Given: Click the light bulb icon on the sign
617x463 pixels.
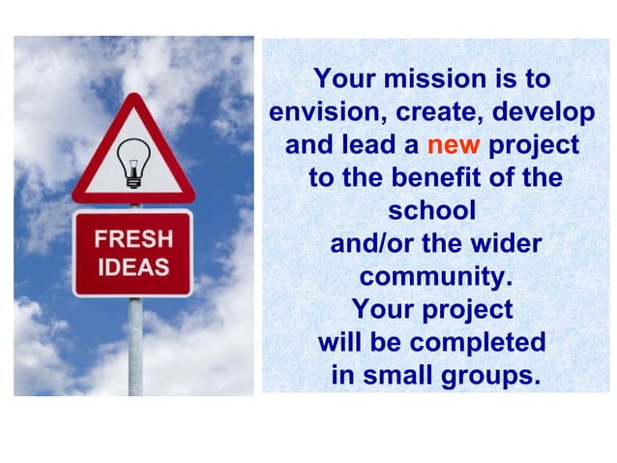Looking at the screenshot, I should [x=133, y=162].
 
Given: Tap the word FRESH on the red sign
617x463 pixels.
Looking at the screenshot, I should [x=132, y=238].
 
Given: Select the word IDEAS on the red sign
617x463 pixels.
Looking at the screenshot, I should [x=132, y=266].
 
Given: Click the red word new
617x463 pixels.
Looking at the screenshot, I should [x=454, y=146].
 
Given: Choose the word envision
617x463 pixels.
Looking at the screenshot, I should [x=324, y=112].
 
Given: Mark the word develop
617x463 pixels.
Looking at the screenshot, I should [x=544, y=112].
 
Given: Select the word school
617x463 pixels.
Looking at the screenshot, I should [x=431, y=210].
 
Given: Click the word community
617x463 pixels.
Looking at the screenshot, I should [x=434, y=277].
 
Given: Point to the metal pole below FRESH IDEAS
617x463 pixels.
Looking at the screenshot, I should [x=135, y=344].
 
